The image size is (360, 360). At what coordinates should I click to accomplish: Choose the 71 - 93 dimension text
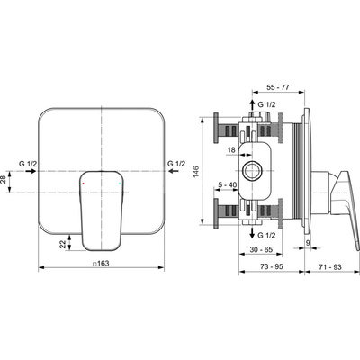point(326,267)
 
